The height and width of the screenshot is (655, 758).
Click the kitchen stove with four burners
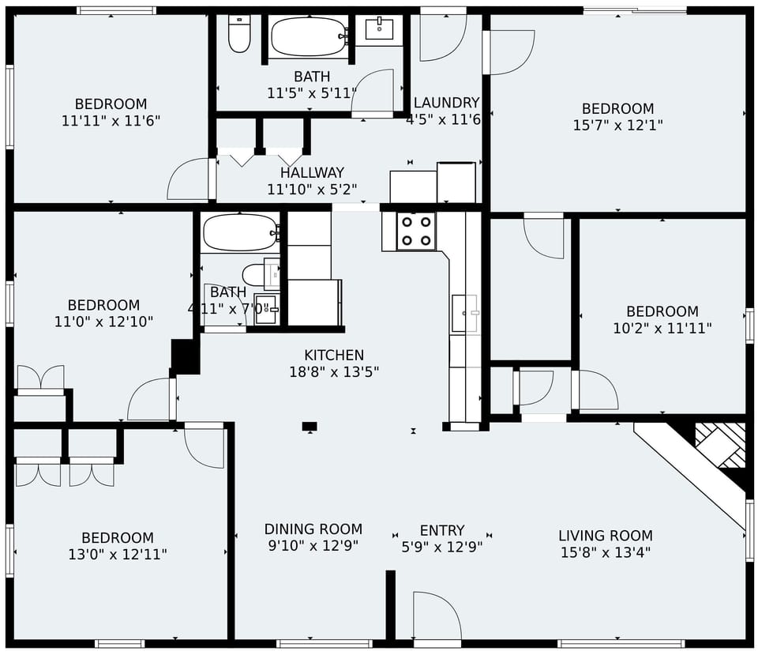tap(416, 231)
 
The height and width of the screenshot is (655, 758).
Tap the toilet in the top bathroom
tap(238, 33)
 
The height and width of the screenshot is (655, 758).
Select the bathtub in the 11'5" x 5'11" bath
tap(308, 36)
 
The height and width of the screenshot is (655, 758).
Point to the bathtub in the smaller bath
tap(240, 232)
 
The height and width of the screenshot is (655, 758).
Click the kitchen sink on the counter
tap(465, 313)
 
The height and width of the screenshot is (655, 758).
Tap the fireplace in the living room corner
tap(719, 446)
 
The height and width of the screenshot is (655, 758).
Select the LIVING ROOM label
tap(605, 536)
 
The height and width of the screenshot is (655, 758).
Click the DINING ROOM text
tap(313, 529)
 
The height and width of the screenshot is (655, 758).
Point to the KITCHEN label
tap(334, 356)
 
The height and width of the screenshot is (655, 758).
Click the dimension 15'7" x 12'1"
tap(617, 125)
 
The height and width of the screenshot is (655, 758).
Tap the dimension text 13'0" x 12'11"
tap(118, 554)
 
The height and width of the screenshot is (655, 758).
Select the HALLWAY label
tap(312, 172)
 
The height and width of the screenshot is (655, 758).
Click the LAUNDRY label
tap(446, 103)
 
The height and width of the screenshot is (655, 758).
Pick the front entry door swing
tap(437, 616)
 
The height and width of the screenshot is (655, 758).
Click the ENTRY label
tap(441, 530)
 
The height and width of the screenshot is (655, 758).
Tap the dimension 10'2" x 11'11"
tap(662, 328)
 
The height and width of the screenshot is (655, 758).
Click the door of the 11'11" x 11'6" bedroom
tap(189, 179)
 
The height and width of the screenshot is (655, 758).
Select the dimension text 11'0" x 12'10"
tap(103, 322)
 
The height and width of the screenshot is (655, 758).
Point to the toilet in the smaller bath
tap(256, 274)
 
